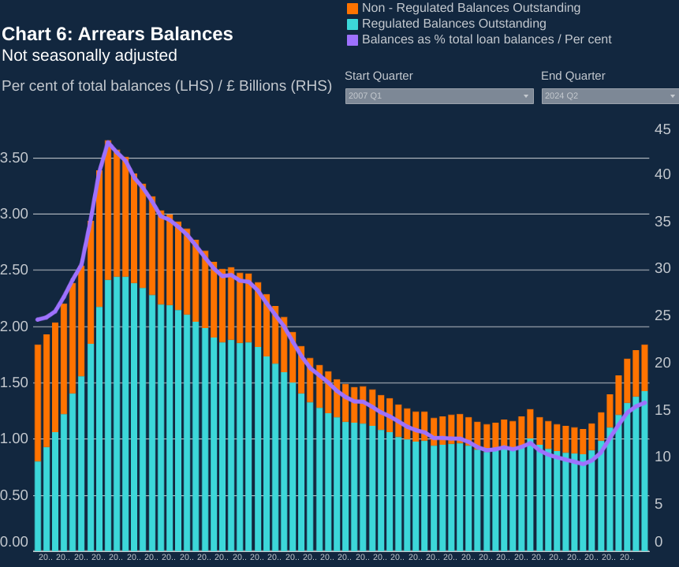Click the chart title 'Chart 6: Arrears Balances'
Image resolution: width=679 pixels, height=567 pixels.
coord(118,35)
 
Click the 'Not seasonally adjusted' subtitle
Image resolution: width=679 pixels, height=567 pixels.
coord(89,55)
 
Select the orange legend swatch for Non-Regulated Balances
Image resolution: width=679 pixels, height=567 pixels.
coord(353,8)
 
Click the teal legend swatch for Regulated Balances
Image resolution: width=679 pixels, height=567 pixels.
coord(353,24)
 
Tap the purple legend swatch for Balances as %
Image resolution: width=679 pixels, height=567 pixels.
coord(353,39)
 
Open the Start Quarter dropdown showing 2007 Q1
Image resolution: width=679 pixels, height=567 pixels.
coord(439,95)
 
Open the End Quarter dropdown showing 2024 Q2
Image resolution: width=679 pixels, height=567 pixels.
coord(610,95)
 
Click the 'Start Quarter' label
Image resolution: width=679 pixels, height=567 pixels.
coord(379,76)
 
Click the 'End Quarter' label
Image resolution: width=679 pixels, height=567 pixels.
coord(573,76)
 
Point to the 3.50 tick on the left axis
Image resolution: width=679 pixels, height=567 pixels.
coord(14,158)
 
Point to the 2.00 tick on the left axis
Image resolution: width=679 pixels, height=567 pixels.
coord(14,326)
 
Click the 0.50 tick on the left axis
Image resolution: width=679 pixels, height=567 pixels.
coord(14,495)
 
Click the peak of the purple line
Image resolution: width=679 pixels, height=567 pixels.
coord(108,143)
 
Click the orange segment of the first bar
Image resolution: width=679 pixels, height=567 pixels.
coord(38,402)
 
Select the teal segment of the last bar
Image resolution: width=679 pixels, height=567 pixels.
coord(644,473)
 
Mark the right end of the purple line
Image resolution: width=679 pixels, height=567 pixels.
coord(645,403)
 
